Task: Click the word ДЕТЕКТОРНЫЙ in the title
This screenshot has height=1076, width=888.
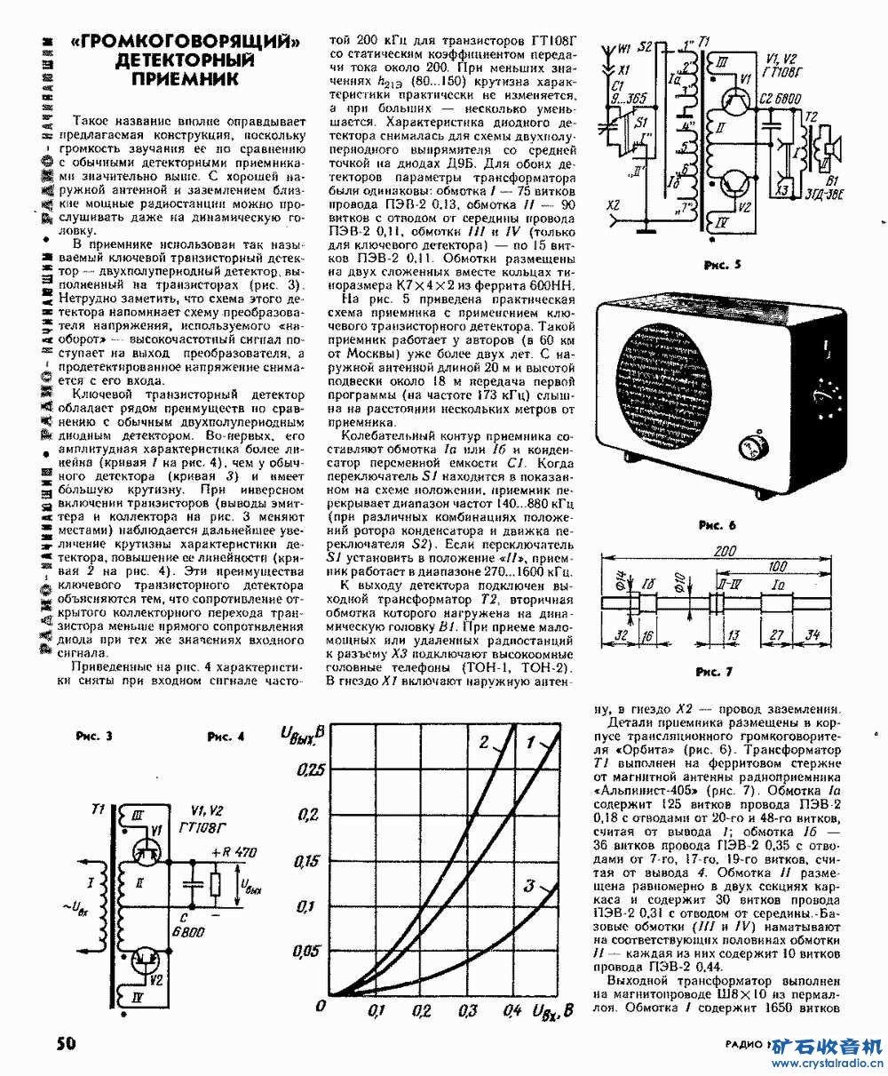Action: (x=185, y=60)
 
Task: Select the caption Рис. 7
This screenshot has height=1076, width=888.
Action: (x=713, y=672)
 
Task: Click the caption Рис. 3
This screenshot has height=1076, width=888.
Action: (x=94, y=736)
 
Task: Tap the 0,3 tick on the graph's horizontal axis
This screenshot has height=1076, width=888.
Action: (x=466, y=1011)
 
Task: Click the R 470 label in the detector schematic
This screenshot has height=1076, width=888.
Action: (x=235, y=852)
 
